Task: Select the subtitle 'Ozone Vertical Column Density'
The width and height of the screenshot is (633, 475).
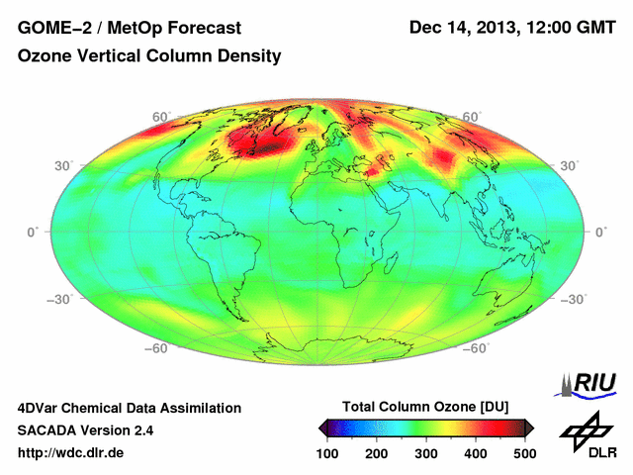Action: (x=149, y=56)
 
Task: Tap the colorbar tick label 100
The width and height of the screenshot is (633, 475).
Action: (x=328, y=453)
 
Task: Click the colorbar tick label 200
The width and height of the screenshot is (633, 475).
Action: (x=377, y=453)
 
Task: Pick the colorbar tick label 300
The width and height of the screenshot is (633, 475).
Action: (x=426, y=453)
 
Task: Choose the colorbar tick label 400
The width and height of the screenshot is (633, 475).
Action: (x=475, y=453)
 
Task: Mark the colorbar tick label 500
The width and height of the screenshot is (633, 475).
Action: (x=524, y=453)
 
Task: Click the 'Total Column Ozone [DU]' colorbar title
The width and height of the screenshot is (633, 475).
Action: (x=425, y=407)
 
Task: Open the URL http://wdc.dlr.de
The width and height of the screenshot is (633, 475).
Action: (x=71, y=453)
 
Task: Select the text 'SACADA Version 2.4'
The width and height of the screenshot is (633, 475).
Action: (x=85, y=430)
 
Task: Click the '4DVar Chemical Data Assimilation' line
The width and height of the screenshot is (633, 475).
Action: (x=129, y=408)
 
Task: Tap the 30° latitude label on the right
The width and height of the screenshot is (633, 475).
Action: (x=571, y=165)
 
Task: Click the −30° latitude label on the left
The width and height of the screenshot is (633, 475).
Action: (x=45, y=298)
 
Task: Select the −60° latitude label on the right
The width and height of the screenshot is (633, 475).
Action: (x=478, y=348)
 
